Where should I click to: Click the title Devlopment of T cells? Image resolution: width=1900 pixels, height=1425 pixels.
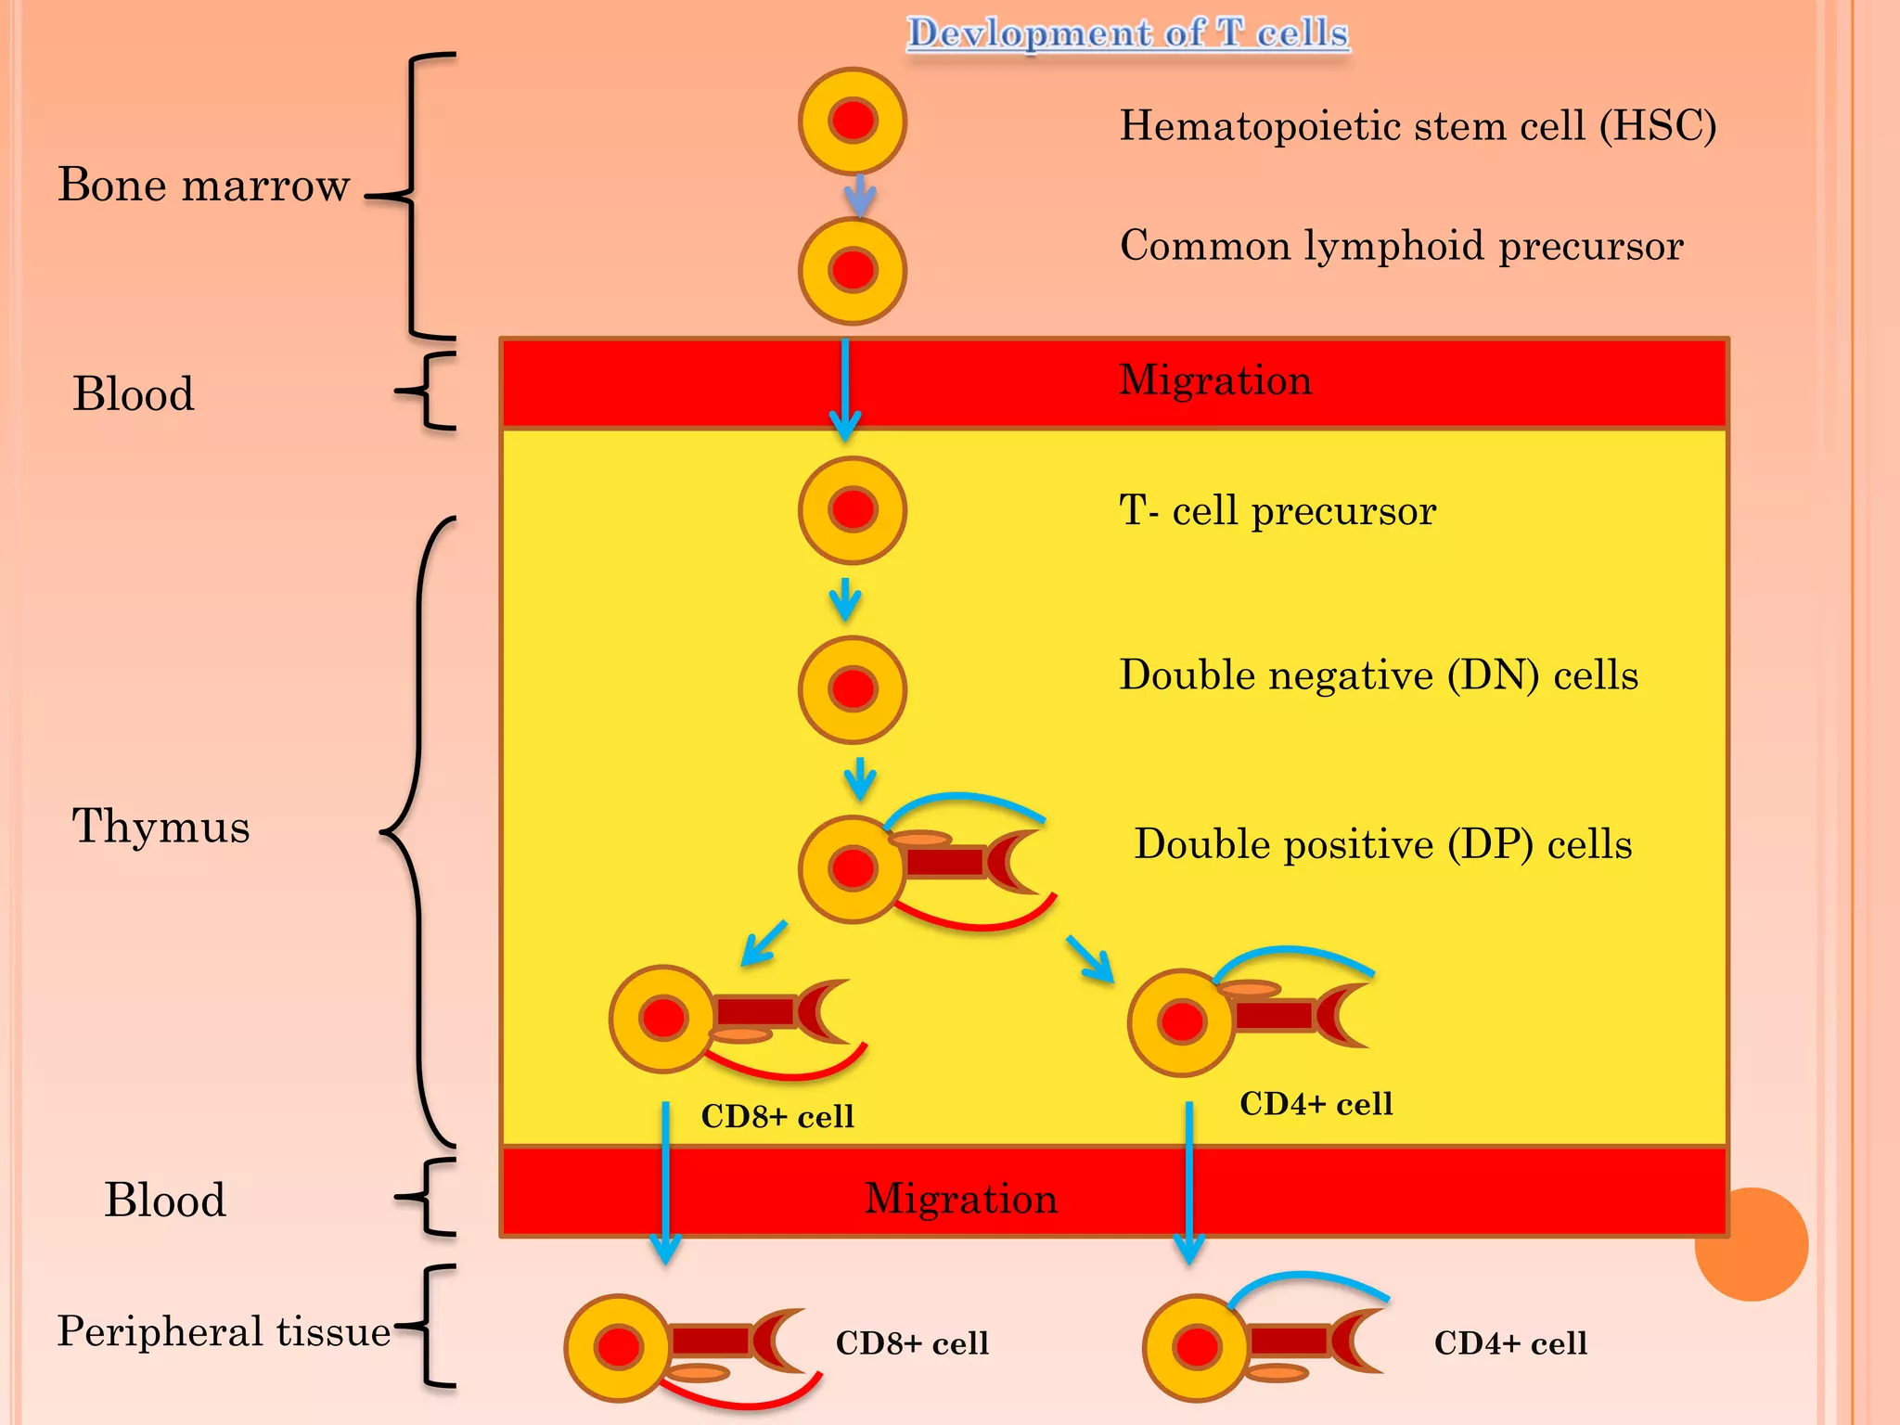click(1127, 33)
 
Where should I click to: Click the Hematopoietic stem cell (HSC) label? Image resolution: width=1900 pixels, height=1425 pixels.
click(1418, 126)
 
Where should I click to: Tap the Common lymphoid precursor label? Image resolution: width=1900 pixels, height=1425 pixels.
click(1401, 247)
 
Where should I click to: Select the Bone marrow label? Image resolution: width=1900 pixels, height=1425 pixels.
click(203, 185)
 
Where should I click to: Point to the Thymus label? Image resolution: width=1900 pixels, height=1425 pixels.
click(160, 826)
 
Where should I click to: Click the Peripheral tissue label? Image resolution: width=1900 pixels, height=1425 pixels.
click(224, 1331)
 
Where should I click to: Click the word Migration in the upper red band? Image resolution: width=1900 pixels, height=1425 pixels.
click(1215, 380)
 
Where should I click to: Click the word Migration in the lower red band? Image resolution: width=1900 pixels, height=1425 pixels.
click(961, 1199)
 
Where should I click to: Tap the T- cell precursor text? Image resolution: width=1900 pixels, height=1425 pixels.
click(1277, 511)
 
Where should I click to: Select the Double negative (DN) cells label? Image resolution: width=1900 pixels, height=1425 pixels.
click(1379, 675)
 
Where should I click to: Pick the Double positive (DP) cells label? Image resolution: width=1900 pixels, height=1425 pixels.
click(1382, 845)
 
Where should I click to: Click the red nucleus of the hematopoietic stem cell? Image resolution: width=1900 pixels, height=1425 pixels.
click(853, 121)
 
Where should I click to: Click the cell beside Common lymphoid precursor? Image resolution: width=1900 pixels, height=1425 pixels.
click(853, 270)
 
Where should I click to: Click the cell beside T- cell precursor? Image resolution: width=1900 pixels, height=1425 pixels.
click(853, 510)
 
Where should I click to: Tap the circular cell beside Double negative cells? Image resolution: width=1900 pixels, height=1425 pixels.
click(853, 689)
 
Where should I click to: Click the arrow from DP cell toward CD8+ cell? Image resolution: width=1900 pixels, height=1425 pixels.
click(764, 944)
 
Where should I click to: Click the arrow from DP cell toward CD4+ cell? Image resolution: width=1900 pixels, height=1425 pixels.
click(1091, 959)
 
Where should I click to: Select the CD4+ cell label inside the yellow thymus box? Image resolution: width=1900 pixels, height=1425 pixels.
click(1316, 1104)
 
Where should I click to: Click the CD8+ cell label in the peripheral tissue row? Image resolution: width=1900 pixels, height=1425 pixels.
click(912, 1343)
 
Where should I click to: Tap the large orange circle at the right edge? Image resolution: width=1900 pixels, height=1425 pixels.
click(1751, 1244)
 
